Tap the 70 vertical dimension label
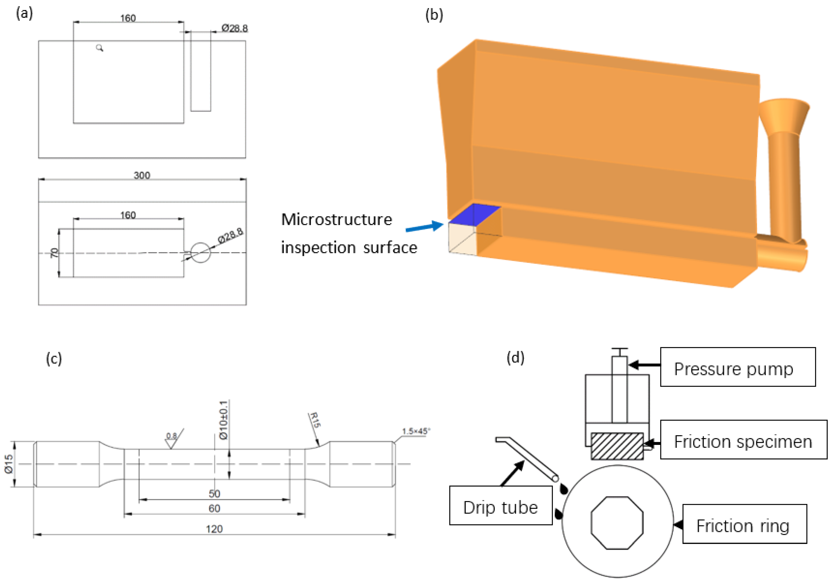tap(54, 253)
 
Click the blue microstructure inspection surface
tap(475, 214)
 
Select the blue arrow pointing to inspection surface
tap(424, 227)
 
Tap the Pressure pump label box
tap(738, 367)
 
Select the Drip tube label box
tap(501, 505)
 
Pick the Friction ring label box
tap(745, 524)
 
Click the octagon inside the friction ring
tap(617, 523)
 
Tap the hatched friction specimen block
tap(617, 446)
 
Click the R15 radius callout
tap(315, 420)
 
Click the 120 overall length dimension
tap(214, 529)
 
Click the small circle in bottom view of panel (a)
tap(200, 252)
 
